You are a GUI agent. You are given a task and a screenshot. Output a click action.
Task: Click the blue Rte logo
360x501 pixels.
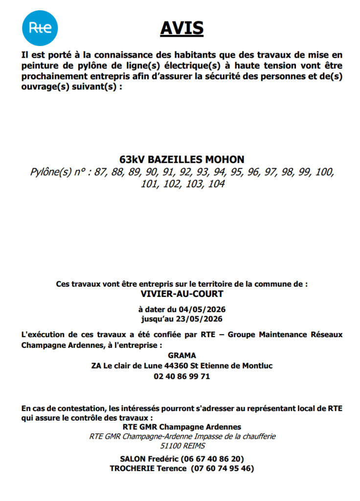click(40, 28)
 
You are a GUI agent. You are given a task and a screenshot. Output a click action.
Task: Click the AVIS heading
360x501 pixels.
click(182, 28)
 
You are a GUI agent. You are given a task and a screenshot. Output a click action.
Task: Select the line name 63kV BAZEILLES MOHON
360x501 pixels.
click(181, 159)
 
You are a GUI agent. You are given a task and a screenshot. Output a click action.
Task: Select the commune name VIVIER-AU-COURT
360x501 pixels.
click(181, 294)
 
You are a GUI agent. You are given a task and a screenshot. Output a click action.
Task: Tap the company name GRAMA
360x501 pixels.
click(181, 356)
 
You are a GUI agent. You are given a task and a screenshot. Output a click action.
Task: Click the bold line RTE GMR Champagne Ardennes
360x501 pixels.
click(181, 427)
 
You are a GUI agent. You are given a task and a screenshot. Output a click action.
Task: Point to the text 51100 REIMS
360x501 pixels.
click(182, 446)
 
